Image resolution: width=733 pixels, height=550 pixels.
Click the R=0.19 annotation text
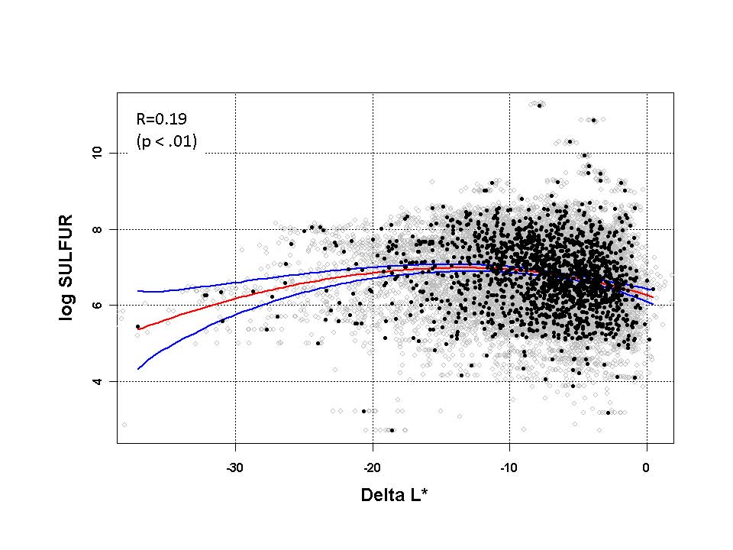[x=162, y=118]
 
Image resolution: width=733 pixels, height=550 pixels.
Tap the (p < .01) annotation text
[x=166, y=141]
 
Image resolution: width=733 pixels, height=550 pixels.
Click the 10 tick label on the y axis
[x=96, y=153]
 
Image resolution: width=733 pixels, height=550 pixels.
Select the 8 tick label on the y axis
[x=96, y=229]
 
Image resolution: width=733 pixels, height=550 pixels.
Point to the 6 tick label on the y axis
[x=96, y=305]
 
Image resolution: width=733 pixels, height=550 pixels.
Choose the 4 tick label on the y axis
[x=96, y=381]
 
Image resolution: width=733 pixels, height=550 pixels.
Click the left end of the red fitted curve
[x=137, y=328]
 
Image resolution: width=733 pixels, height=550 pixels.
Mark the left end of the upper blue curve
[x=137, y=290]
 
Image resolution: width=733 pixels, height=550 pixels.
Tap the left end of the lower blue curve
[x=137, y=369]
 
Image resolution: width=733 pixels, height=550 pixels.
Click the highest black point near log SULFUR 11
[x=539, y=105]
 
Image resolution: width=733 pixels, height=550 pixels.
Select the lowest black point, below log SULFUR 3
[x=392, y=430]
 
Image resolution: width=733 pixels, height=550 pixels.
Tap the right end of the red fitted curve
[x=653, y=296]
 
